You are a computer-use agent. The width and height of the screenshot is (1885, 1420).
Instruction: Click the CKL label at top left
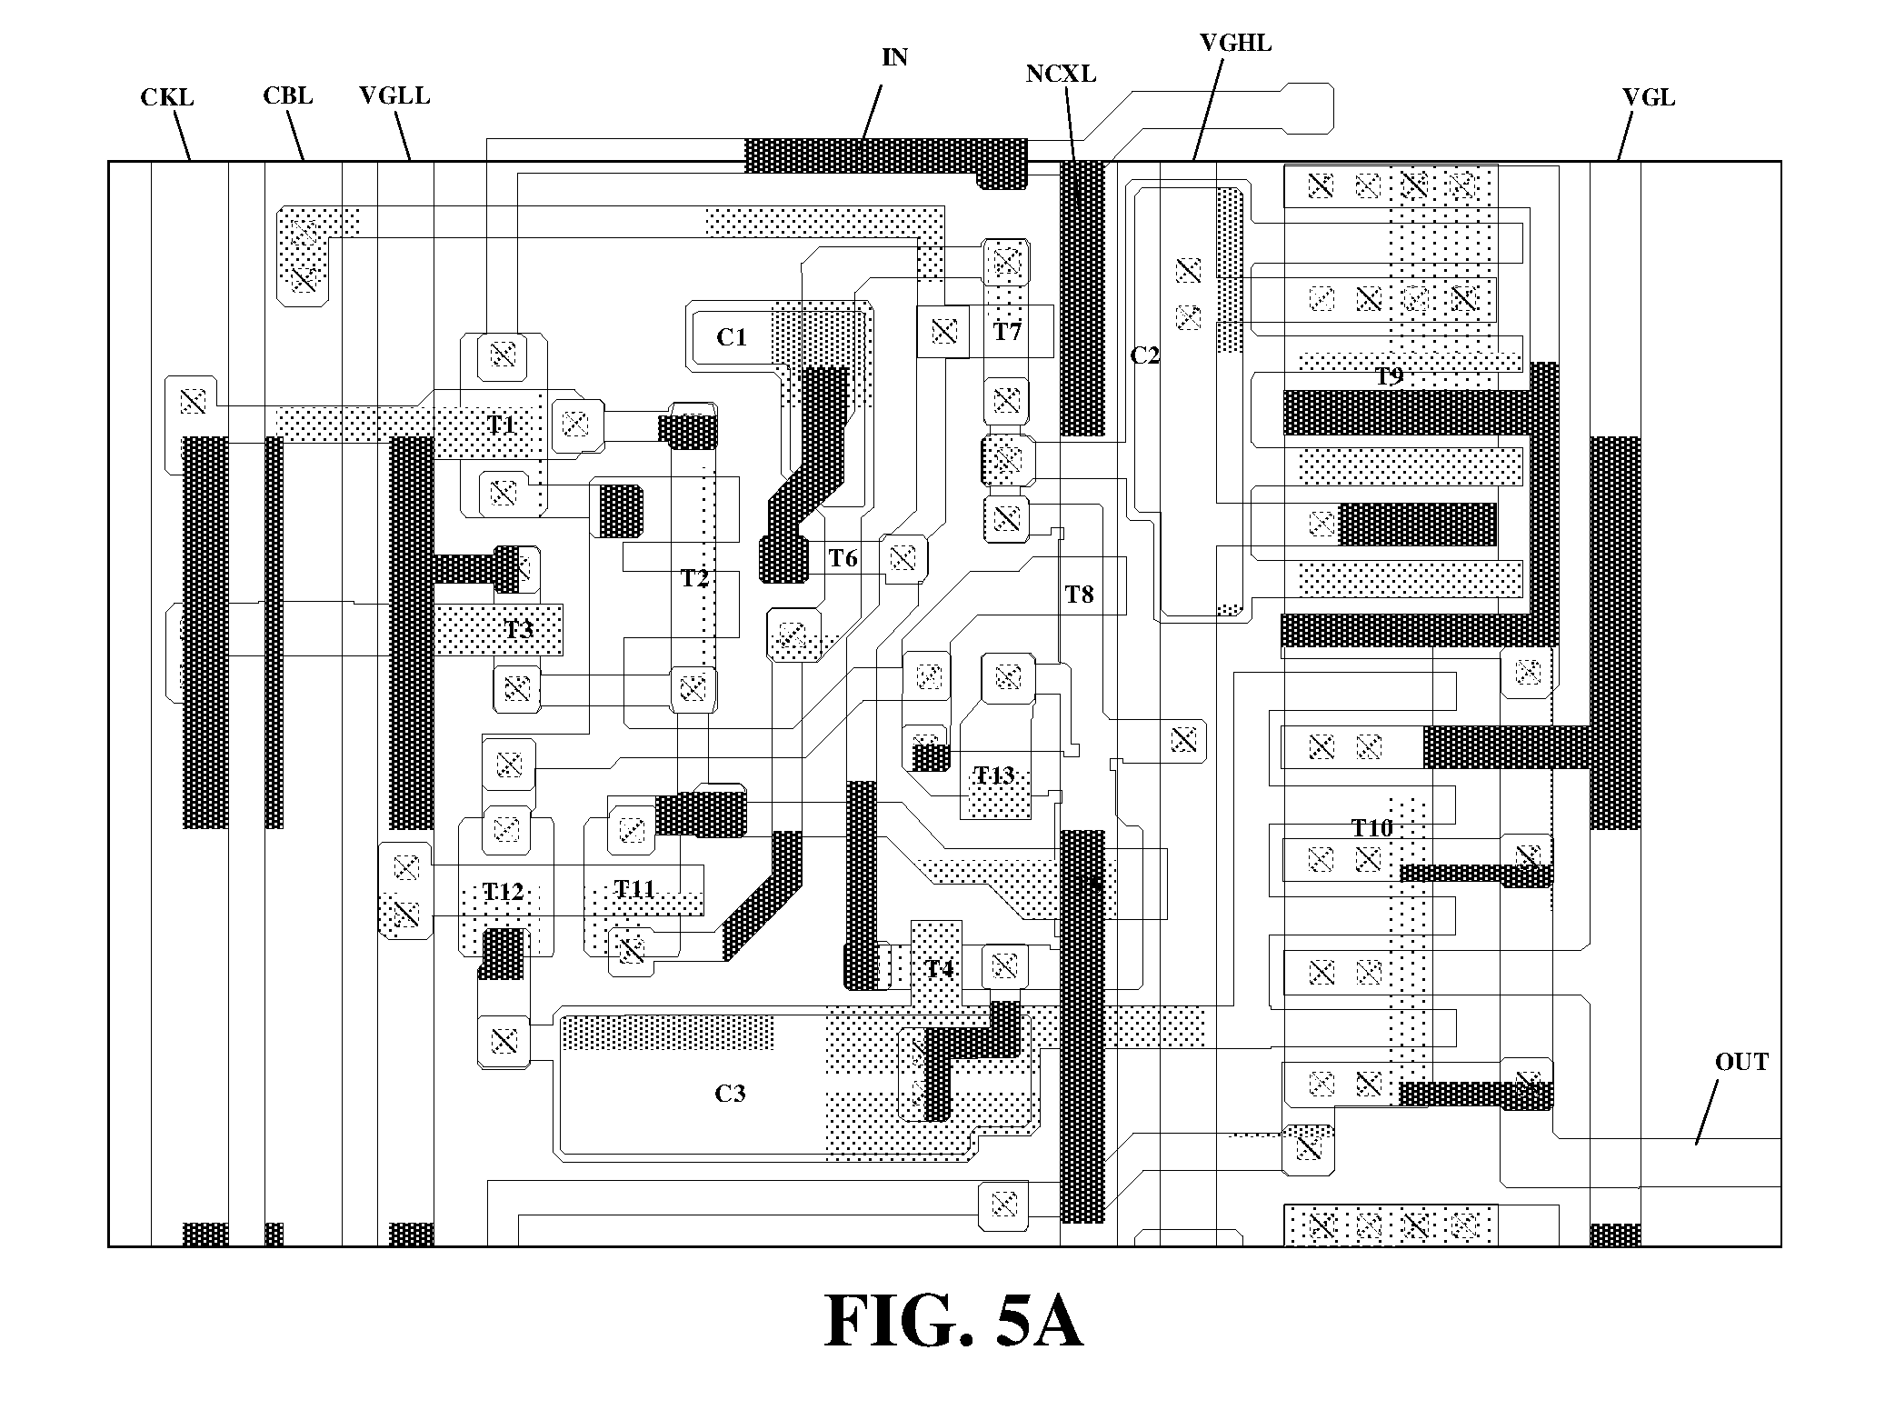[x=167, y=97]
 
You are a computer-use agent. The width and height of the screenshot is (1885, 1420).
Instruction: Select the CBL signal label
[x=288, y=95]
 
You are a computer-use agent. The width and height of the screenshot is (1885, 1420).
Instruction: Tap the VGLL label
[x=394, y=95]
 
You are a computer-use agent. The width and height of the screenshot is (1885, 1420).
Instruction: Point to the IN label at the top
[x=895, y=57]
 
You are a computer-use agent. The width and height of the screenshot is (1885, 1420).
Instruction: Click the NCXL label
[x=1061, y=75]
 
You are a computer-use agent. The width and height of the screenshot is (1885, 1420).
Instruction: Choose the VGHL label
[x=1235, y=43]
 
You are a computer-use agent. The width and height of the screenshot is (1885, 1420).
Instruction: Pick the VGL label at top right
[x=1649, y=97]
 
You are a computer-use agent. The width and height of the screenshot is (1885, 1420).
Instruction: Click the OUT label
[x=1741, y=1062]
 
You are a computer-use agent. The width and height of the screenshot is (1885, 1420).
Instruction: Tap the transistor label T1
[x=502, y=425]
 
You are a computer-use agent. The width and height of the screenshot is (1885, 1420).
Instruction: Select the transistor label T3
[x=519, y=629]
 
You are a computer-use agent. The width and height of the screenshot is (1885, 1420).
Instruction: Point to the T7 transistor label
[x=1007, y=332]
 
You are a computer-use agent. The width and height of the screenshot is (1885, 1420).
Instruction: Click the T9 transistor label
[x=1389, y=376]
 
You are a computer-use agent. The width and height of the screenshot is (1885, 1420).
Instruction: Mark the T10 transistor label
[x=1372, y=828]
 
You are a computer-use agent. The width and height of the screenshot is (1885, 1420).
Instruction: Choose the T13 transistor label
[x=994, y=775]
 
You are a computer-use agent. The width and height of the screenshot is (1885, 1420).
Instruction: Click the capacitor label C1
[x=732, y=338]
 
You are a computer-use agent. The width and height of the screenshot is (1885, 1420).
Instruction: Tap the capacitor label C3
[x=730, y=1094]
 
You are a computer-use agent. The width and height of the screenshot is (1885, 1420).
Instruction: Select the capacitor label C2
[x=1145, y=355]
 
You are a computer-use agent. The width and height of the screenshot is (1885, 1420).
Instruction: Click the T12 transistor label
[x=503, y=892]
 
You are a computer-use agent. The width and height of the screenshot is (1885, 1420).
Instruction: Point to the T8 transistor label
[x=1079, y=595]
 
